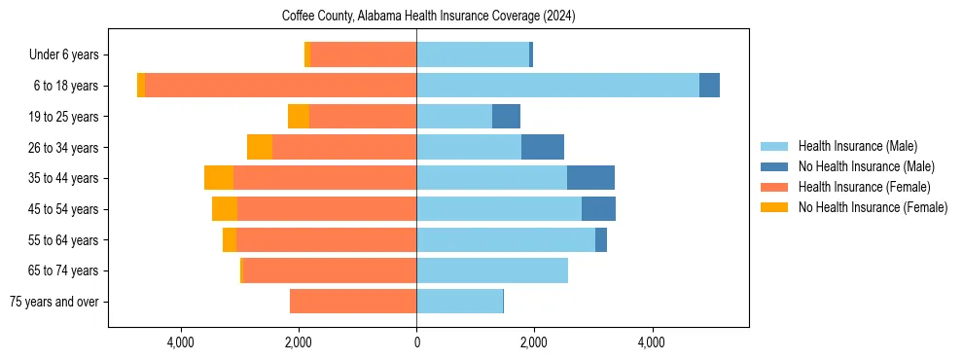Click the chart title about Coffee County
(x=429, y=17)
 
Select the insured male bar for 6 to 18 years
(x=557, y=86)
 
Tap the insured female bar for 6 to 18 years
(x=280, y=86)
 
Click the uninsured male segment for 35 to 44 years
(x=590, y=178)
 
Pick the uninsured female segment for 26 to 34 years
(x=260, y=147)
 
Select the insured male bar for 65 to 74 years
(x=492, y=270)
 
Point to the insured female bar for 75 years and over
(x=353, y=302)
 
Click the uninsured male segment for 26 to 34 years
(x=543, y=147)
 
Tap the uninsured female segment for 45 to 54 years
(x=225, y=209)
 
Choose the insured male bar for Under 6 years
(x=473, y=54)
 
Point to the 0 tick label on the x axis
(x=416, y=342)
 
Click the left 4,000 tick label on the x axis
(x=182, y=342)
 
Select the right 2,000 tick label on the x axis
(x=533, y=342)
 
